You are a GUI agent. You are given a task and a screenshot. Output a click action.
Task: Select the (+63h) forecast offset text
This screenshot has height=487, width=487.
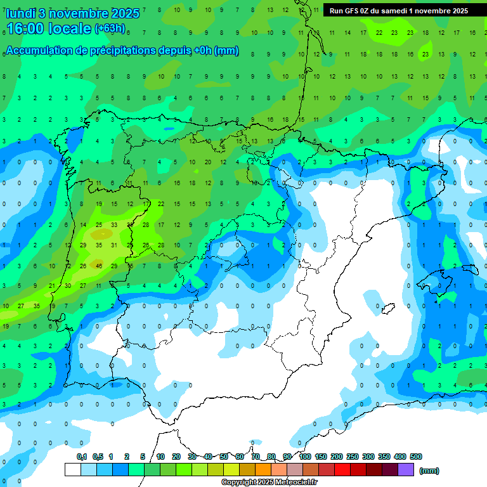tap(110, 28)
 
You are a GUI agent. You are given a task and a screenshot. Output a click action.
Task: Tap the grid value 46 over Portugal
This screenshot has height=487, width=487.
tap(99, 266)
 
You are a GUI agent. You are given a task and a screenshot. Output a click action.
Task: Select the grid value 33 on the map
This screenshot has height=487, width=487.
tap(114, 224)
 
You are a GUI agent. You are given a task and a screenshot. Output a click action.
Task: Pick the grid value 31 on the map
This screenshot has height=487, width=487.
tap(114, 245)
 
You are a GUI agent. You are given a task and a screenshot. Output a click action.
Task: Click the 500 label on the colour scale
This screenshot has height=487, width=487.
tap(416, 457)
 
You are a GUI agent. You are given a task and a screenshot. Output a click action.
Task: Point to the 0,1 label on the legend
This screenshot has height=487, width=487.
tap(82, 457)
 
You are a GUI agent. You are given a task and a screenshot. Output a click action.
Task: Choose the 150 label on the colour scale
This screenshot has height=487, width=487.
tap(321, 457)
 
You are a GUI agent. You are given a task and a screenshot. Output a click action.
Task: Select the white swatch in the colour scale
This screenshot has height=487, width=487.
tap(73, 469)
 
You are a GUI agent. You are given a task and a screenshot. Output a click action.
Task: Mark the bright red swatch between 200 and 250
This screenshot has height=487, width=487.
tap(342, 469)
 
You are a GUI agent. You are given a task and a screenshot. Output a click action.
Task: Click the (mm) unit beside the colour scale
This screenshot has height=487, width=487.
tap(430, 471)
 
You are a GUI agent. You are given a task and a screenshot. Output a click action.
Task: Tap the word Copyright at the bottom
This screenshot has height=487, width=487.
tap(240, 483)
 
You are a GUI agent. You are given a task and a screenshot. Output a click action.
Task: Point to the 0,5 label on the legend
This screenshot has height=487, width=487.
tap(98, 457)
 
